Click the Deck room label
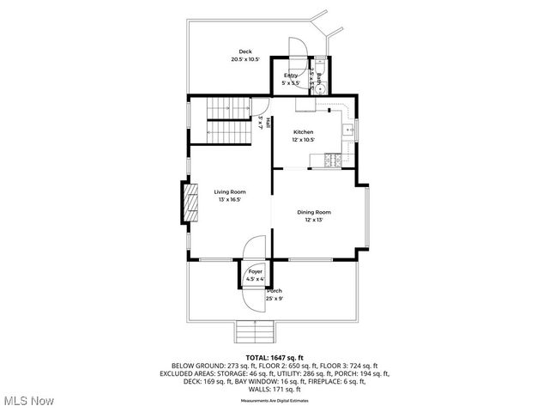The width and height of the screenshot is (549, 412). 245,51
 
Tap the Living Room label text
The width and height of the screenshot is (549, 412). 230,192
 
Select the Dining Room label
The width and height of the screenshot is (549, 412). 314,212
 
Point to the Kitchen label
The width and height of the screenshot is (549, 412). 303,132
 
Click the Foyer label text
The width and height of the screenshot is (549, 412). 256,271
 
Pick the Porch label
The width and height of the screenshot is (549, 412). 274,291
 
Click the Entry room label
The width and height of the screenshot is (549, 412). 291,76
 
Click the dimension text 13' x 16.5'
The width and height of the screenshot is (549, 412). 229,200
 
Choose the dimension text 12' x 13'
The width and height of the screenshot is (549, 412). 314,220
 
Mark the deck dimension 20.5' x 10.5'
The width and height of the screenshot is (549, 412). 245,59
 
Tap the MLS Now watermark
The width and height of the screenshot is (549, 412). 27,401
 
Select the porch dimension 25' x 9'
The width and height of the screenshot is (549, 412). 274,298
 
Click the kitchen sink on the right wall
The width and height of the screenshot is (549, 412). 348,130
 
